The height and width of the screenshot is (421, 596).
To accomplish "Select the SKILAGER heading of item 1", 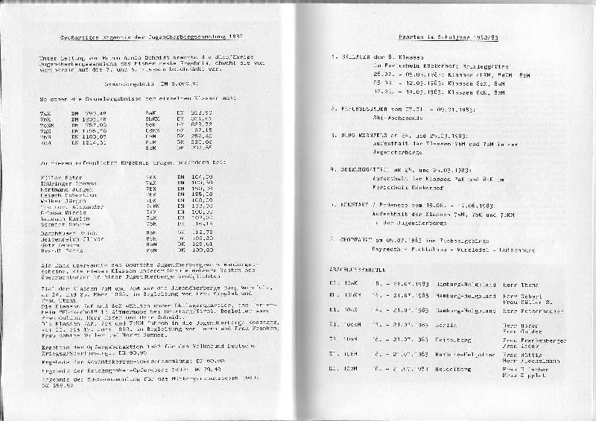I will [350, 57].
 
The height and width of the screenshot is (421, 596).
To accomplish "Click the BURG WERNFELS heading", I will [356, 135].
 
